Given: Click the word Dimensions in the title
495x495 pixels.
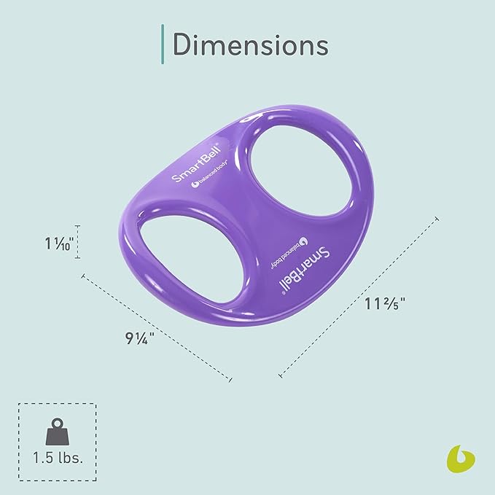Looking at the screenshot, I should point(250,44).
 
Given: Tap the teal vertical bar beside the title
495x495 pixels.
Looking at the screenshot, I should point(161,44).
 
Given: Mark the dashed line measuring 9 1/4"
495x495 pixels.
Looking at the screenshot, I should point(157,328).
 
